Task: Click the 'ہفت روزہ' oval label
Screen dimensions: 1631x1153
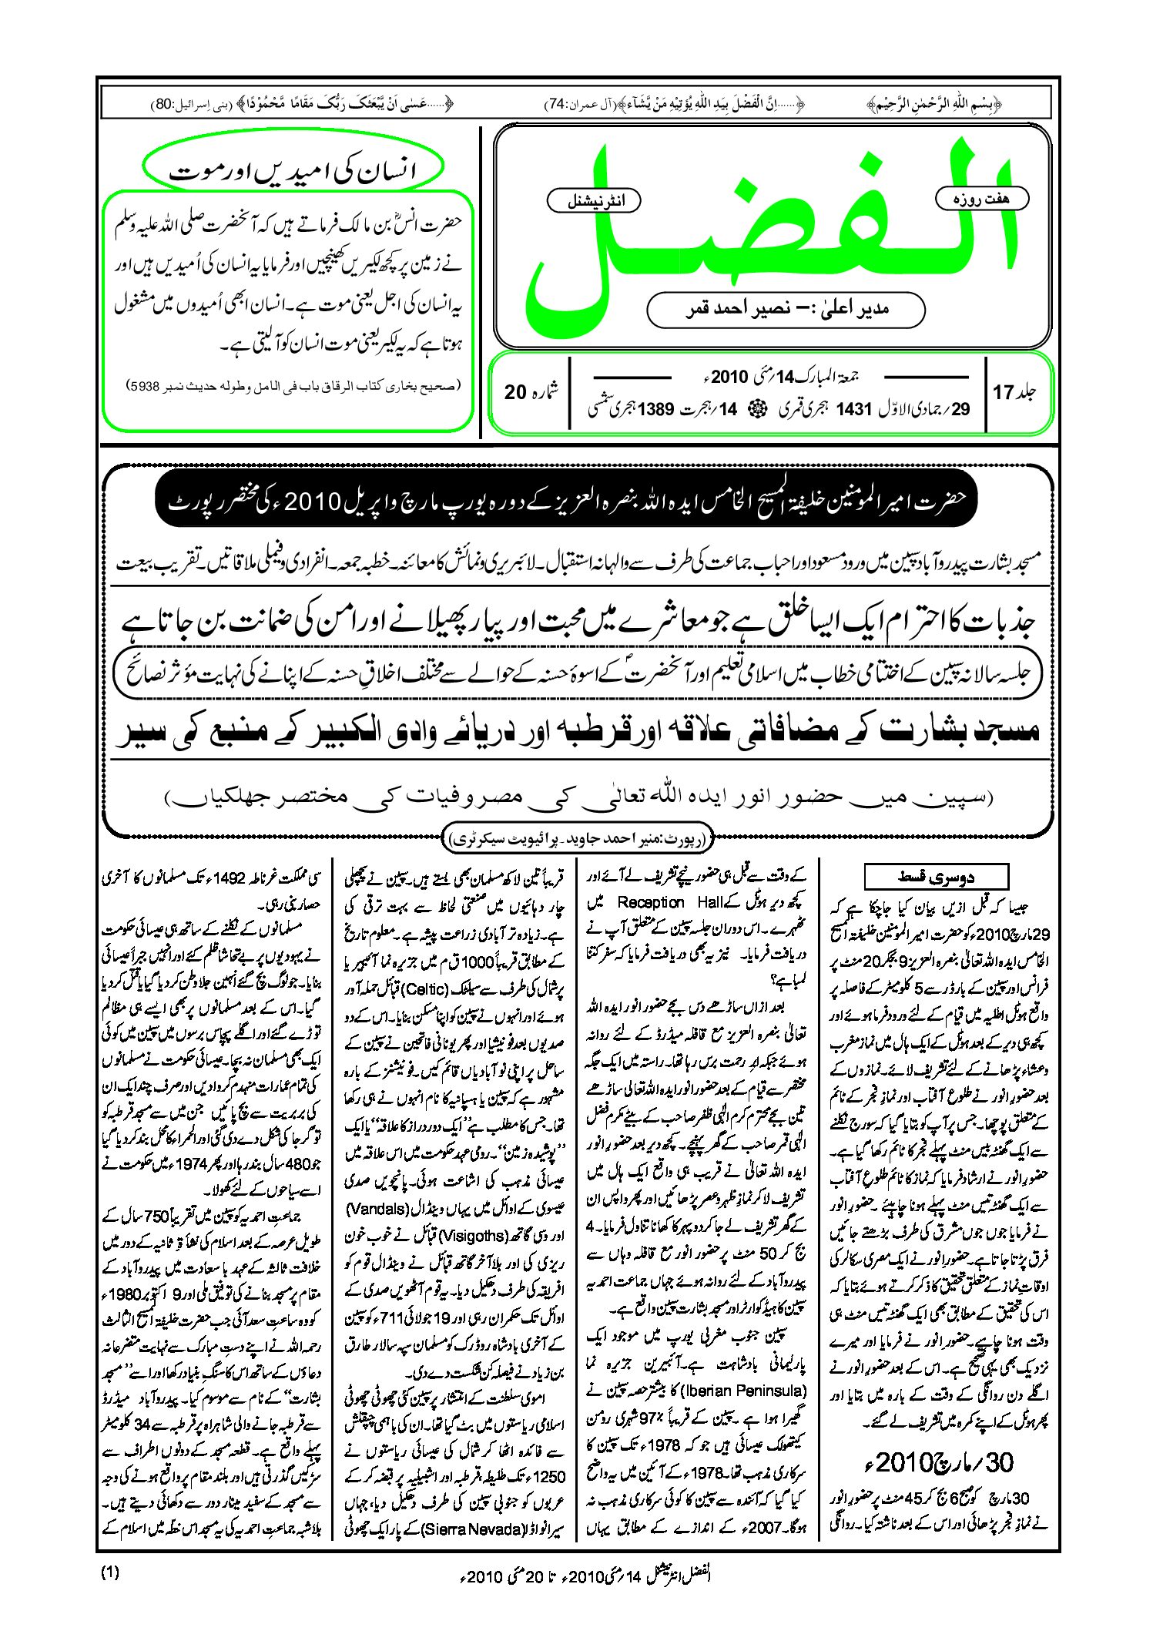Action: tap(981, 199)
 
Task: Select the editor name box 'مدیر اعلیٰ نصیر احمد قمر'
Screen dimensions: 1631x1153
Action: tap(786, 310)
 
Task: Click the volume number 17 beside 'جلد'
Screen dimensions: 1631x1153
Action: tap(1002, 392)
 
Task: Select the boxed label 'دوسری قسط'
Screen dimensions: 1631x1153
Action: tap(936, 877)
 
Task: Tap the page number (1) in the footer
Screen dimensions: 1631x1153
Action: tap(110, 1572)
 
